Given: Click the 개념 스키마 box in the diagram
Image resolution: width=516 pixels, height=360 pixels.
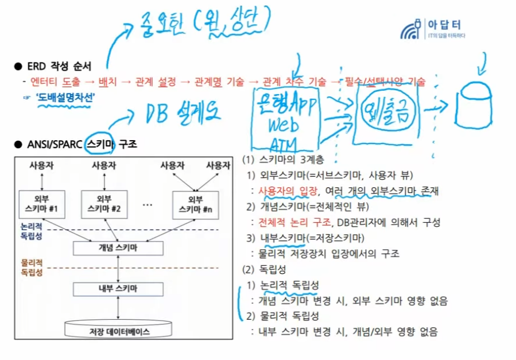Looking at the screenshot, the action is (x=118, y=247).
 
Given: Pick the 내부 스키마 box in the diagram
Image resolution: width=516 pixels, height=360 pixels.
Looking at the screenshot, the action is (x=118, y=288).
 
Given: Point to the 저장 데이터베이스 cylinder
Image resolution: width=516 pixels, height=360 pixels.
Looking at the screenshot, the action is (x=118, y=329).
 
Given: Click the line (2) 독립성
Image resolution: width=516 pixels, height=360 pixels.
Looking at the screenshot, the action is (x=265, y=269).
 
